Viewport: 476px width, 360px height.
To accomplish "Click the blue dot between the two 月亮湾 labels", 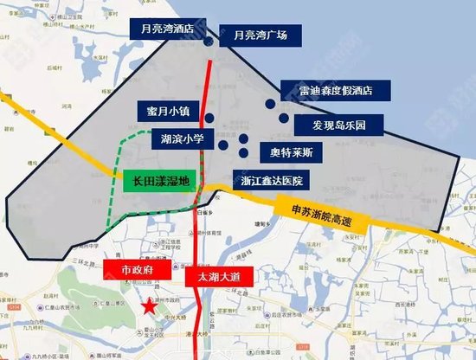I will [209, 41].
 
